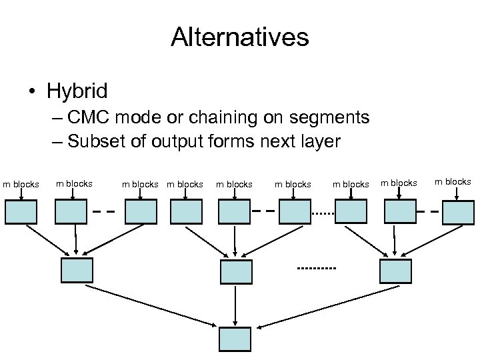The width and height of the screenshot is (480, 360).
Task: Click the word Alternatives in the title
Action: pos(239,37)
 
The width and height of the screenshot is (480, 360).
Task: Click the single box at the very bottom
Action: pos(236,339)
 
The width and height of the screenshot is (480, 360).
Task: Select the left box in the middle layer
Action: pos(77,270)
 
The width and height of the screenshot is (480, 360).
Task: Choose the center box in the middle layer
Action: pos(236,271)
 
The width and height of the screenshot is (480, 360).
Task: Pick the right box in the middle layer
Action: pos(395,271)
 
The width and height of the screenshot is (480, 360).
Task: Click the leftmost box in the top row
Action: pos(21,211)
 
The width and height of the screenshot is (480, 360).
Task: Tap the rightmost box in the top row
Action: pos(459,211)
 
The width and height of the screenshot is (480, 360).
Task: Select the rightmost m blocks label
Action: pos(453,182)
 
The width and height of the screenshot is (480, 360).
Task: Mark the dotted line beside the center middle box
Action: pos(317,268)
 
